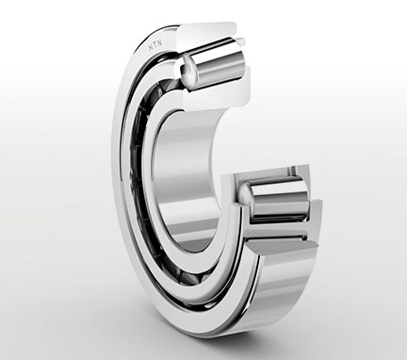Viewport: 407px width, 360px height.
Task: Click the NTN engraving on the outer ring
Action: pos(155,46)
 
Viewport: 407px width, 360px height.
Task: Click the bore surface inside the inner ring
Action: pos(187,176)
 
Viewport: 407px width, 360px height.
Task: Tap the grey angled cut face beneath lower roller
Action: pos(283,247)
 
